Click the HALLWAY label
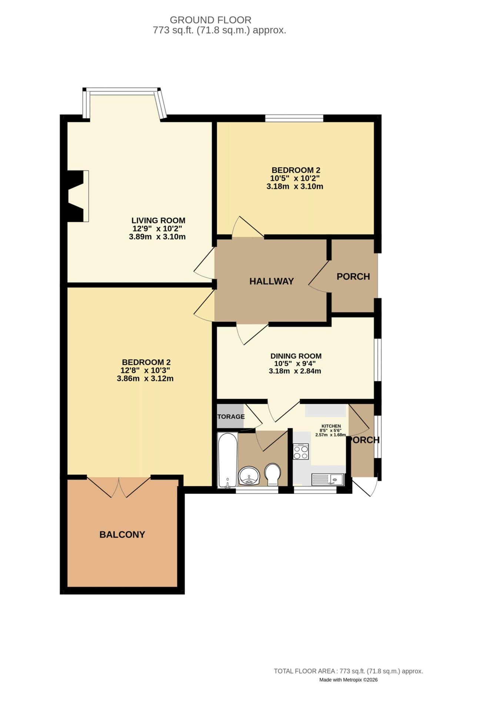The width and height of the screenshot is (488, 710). coord(271,281)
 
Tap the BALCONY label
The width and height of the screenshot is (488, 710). coord(122,535)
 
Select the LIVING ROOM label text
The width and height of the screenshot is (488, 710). coord(158,221)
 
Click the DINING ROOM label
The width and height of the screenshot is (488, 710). coord(296,356)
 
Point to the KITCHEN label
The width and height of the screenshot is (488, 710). coord(331,426)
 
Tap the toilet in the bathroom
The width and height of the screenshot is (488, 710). coord(273,474)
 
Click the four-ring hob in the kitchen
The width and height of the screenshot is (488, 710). coord(301,452)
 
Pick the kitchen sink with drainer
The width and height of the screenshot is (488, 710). coord(328,480)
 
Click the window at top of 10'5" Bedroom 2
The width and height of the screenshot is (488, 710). coord(294,118)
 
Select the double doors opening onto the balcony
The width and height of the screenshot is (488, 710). coord(119,486)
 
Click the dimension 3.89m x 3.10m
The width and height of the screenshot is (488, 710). coord(157,237)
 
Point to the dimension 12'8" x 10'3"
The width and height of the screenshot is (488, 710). coord(145,371)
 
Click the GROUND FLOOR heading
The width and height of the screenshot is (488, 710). coord(210,20)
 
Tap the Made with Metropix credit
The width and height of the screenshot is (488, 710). coord(348,680)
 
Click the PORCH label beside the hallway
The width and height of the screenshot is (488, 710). coord(353,277)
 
